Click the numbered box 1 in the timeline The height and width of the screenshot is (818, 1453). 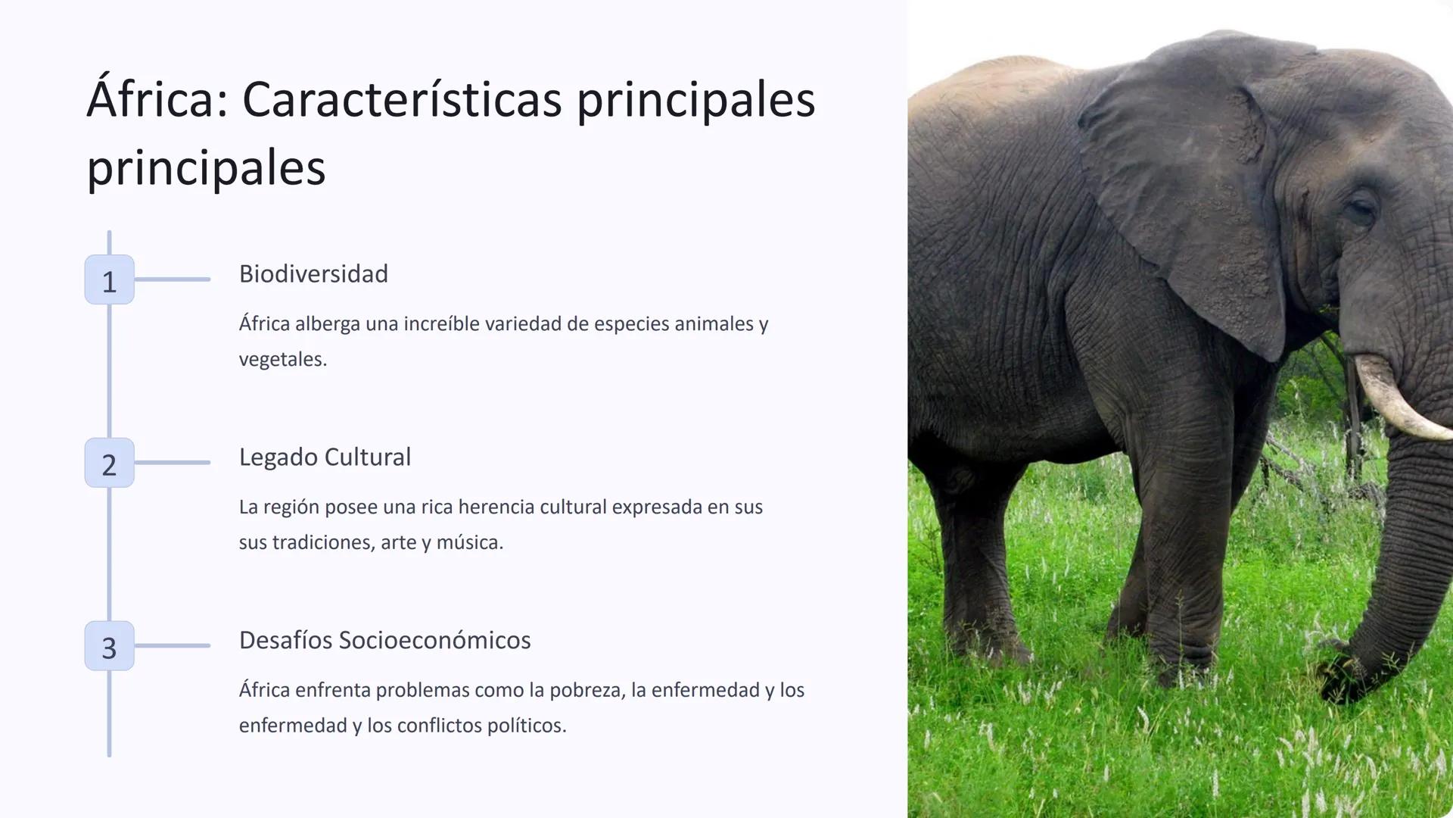[109, 279]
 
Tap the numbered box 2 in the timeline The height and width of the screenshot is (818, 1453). [109, 463]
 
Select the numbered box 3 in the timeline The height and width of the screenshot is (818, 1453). [109, 646]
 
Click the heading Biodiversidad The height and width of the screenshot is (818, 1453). [313, 274]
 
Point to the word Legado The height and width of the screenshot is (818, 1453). [278, 457]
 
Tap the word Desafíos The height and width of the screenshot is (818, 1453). [285, 641]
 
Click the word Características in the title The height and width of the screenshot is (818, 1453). [402, 100]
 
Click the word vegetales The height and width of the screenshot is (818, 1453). [282, 360]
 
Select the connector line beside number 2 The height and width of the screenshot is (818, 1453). [173, 463]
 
